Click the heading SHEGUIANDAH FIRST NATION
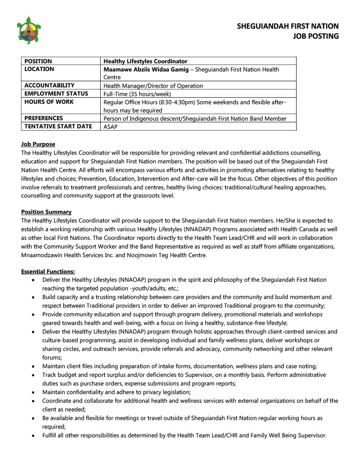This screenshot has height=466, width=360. click(288, 26)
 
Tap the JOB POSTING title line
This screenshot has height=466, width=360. click(315, 36)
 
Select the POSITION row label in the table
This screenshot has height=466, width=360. click(38, 61)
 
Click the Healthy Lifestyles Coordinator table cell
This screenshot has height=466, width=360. click(145, 61)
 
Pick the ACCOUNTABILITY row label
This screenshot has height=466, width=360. click(49, 86)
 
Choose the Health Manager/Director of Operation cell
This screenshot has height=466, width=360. click(153, 86)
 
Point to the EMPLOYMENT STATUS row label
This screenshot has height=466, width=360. click(56, 94)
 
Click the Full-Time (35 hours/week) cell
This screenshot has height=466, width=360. click(137, 94)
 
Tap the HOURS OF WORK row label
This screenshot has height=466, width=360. click(49, 102)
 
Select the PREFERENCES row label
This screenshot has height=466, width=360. click(44, 118)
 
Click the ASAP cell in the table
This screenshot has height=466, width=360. click(111, 127)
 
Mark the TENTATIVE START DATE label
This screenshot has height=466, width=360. click(58, 127)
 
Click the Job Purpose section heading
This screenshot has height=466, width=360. click(38, 144)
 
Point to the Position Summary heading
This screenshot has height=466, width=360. click(46, 212)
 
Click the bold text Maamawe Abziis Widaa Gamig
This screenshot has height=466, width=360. click(145, 69)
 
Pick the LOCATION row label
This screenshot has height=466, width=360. click(39, 69)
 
